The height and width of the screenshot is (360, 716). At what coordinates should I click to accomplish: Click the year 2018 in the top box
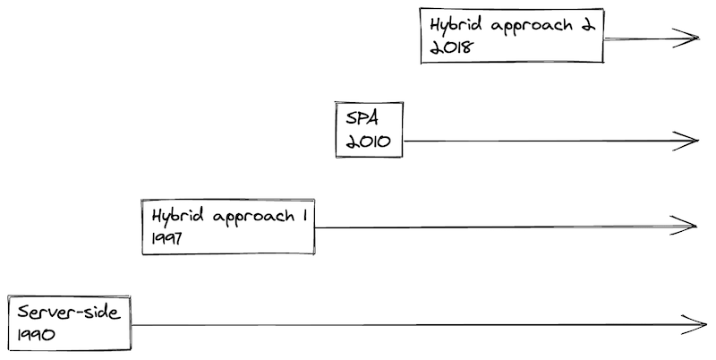coord(445,48)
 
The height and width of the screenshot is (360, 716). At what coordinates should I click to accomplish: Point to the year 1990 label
coord(36,335)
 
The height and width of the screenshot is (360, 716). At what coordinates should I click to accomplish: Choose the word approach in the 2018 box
coord(530,26)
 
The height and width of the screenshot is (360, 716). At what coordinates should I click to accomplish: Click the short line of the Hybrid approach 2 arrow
coord(644,39)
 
